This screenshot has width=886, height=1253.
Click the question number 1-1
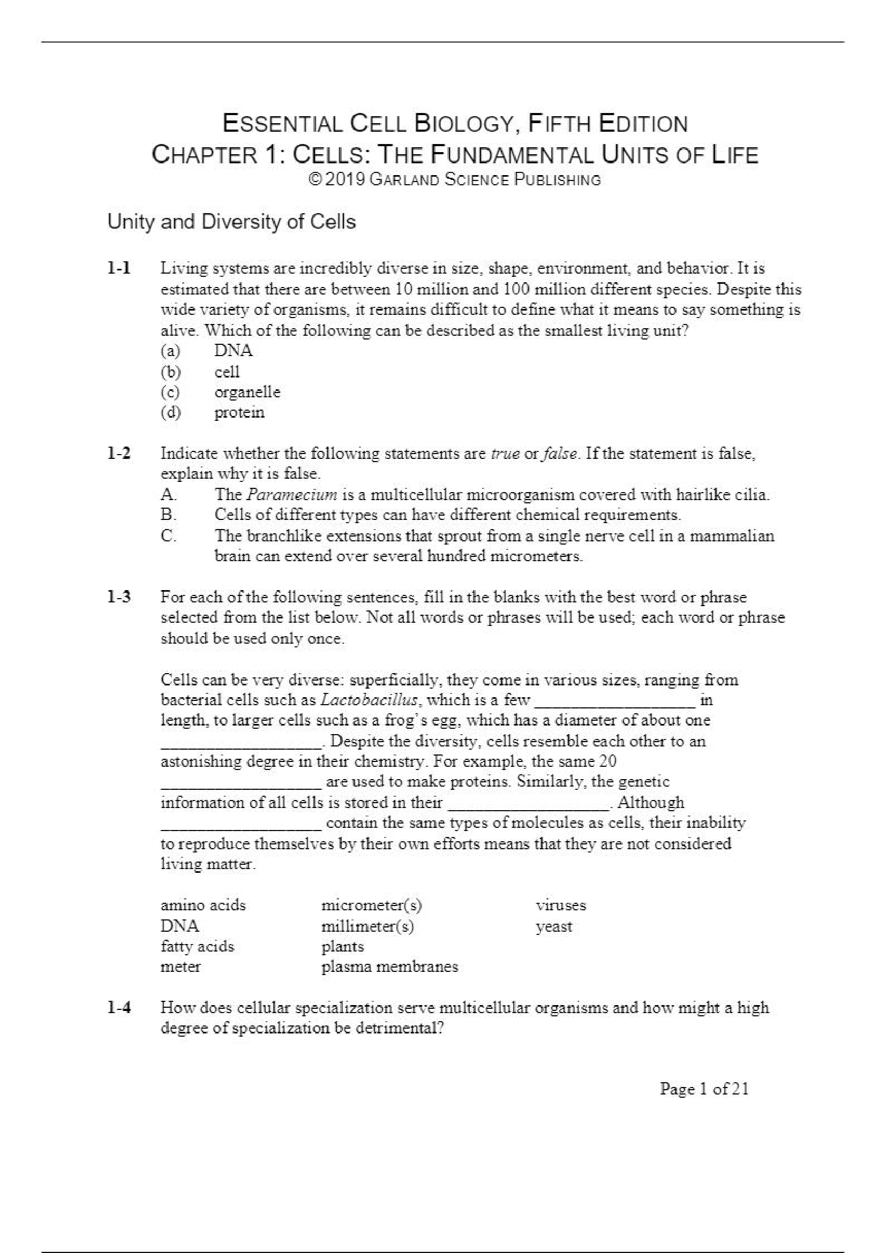tap(118, 268)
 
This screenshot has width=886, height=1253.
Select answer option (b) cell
tap(227, 372)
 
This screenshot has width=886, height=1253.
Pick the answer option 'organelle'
tap(247, 392)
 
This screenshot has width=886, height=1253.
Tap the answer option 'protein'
tap(239, 412)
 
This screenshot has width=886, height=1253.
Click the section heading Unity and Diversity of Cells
tap(231, 222)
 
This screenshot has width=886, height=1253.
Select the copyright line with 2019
tap(454, 179)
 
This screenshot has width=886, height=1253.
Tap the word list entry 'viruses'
tap(561, 905)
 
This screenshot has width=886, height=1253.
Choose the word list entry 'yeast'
tap(553, 927)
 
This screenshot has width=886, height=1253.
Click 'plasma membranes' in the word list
tap(389, 967)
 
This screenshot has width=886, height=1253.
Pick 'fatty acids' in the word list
tap(197, 946)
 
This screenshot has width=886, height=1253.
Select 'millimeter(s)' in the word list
tap(367, 927)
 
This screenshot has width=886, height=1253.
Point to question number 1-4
tap(118, 1008)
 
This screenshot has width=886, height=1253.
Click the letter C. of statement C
tap(168, 536)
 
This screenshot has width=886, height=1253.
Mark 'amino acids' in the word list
tap(203, 905)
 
